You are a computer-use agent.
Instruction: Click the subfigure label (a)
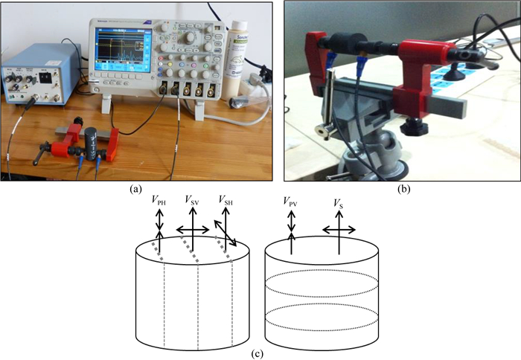pyautogui.click(x=135, y=188)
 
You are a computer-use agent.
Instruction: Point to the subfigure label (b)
pyautogui.click(x=402, y=189)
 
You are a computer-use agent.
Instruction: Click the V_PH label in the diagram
pyautogui.click(x=158, y=200)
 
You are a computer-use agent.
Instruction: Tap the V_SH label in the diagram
pyautogui.click(x=228, y=200)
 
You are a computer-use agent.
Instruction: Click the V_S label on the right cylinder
pyautogui.click(x=339, y=201)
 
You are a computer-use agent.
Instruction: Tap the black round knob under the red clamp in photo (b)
pyautogui.click(x=409, y=128)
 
